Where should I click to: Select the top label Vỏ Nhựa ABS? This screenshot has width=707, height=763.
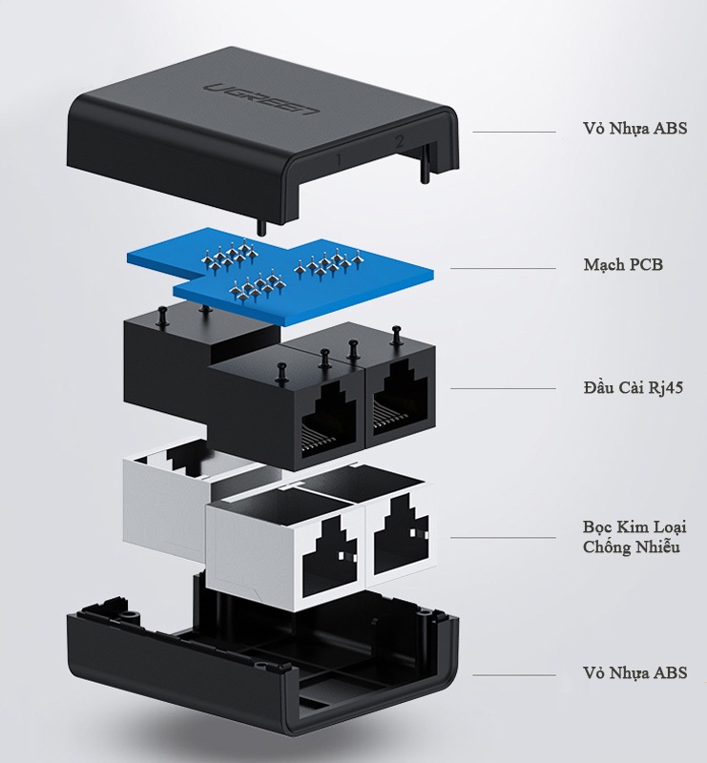pos(635,129)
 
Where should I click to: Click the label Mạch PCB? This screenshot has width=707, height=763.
pos(622,264)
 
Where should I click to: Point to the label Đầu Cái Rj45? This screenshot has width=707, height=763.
pos(632,388)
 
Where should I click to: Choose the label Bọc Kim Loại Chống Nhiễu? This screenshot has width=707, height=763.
pos(634,537)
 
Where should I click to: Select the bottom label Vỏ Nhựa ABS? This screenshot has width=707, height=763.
pos(635,672)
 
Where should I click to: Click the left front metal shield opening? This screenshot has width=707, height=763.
pos(329,553)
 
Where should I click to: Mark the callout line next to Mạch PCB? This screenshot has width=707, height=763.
pos(502,268)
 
